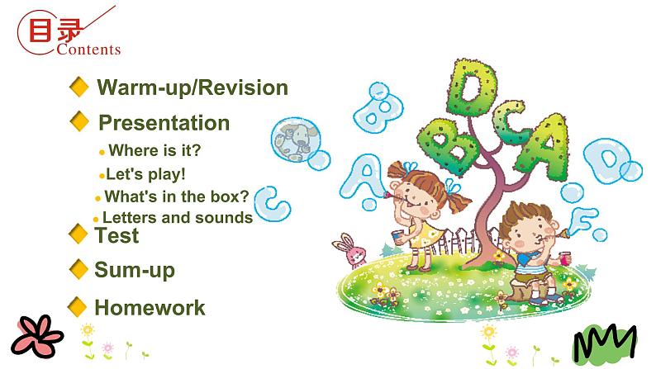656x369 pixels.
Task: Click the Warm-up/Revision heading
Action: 192,88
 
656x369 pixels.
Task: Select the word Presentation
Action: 164,123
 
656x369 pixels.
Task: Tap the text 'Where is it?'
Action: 154,150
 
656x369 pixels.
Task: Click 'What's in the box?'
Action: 176,196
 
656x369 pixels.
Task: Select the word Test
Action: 116,235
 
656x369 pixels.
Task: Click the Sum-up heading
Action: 134,270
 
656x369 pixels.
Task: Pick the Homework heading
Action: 150,308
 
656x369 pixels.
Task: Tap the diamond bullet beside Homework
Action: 78,307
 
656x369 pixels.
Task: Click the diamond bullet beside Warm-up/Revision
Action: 79,87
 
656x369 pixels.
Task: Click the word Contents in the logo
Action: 89,50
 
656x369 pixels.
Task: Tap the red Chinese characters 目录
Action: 55,31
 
